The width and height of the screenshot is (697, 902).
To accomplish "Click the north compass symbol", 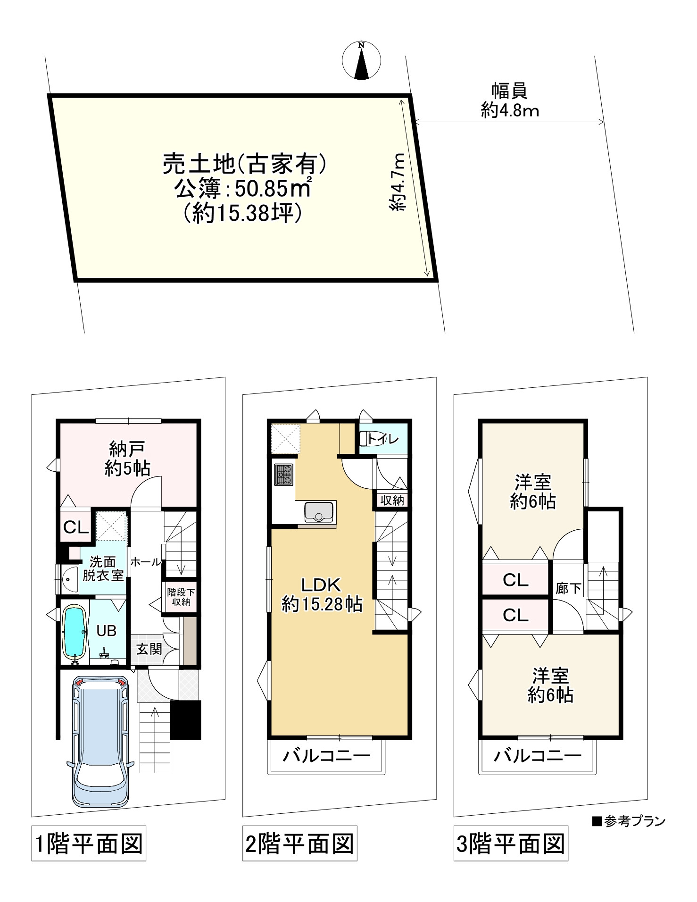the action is coord(361,60).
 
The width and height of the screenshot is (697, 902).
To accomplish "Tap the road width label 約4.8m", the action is coord(510,111).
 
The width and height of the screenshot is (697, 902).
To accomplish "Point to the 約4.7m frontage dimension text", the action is coord(398,182).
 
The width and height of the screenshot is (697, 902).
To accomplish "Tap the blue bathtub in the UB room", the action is coord(74,632).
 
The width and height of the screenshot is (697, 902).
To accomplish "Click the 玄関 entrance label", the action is coord(149,649).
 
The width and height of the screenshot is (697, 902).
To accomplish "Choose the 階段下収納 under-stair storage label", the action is coord(181,597).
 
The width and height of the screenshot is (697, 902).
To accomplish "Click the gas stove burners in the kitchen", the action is coord(284,474).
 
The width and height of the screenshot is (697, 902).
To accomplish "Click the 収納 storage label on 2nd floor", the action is coord(392,501).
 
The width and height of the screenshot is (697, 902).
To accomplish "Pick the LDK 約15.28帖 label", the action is coord(322,594).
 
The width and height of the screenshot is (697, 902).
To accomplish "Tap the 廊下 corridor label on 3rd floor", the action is coord(568,588).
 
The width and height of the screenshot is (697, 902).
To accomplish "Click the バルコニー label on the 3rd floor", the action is coord(537,756).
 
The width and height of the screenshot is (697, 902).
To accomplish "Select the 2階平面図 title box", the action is coord(299,843).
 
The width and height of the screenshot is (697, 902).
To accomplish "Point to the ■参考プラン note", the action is coord(629,821).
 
